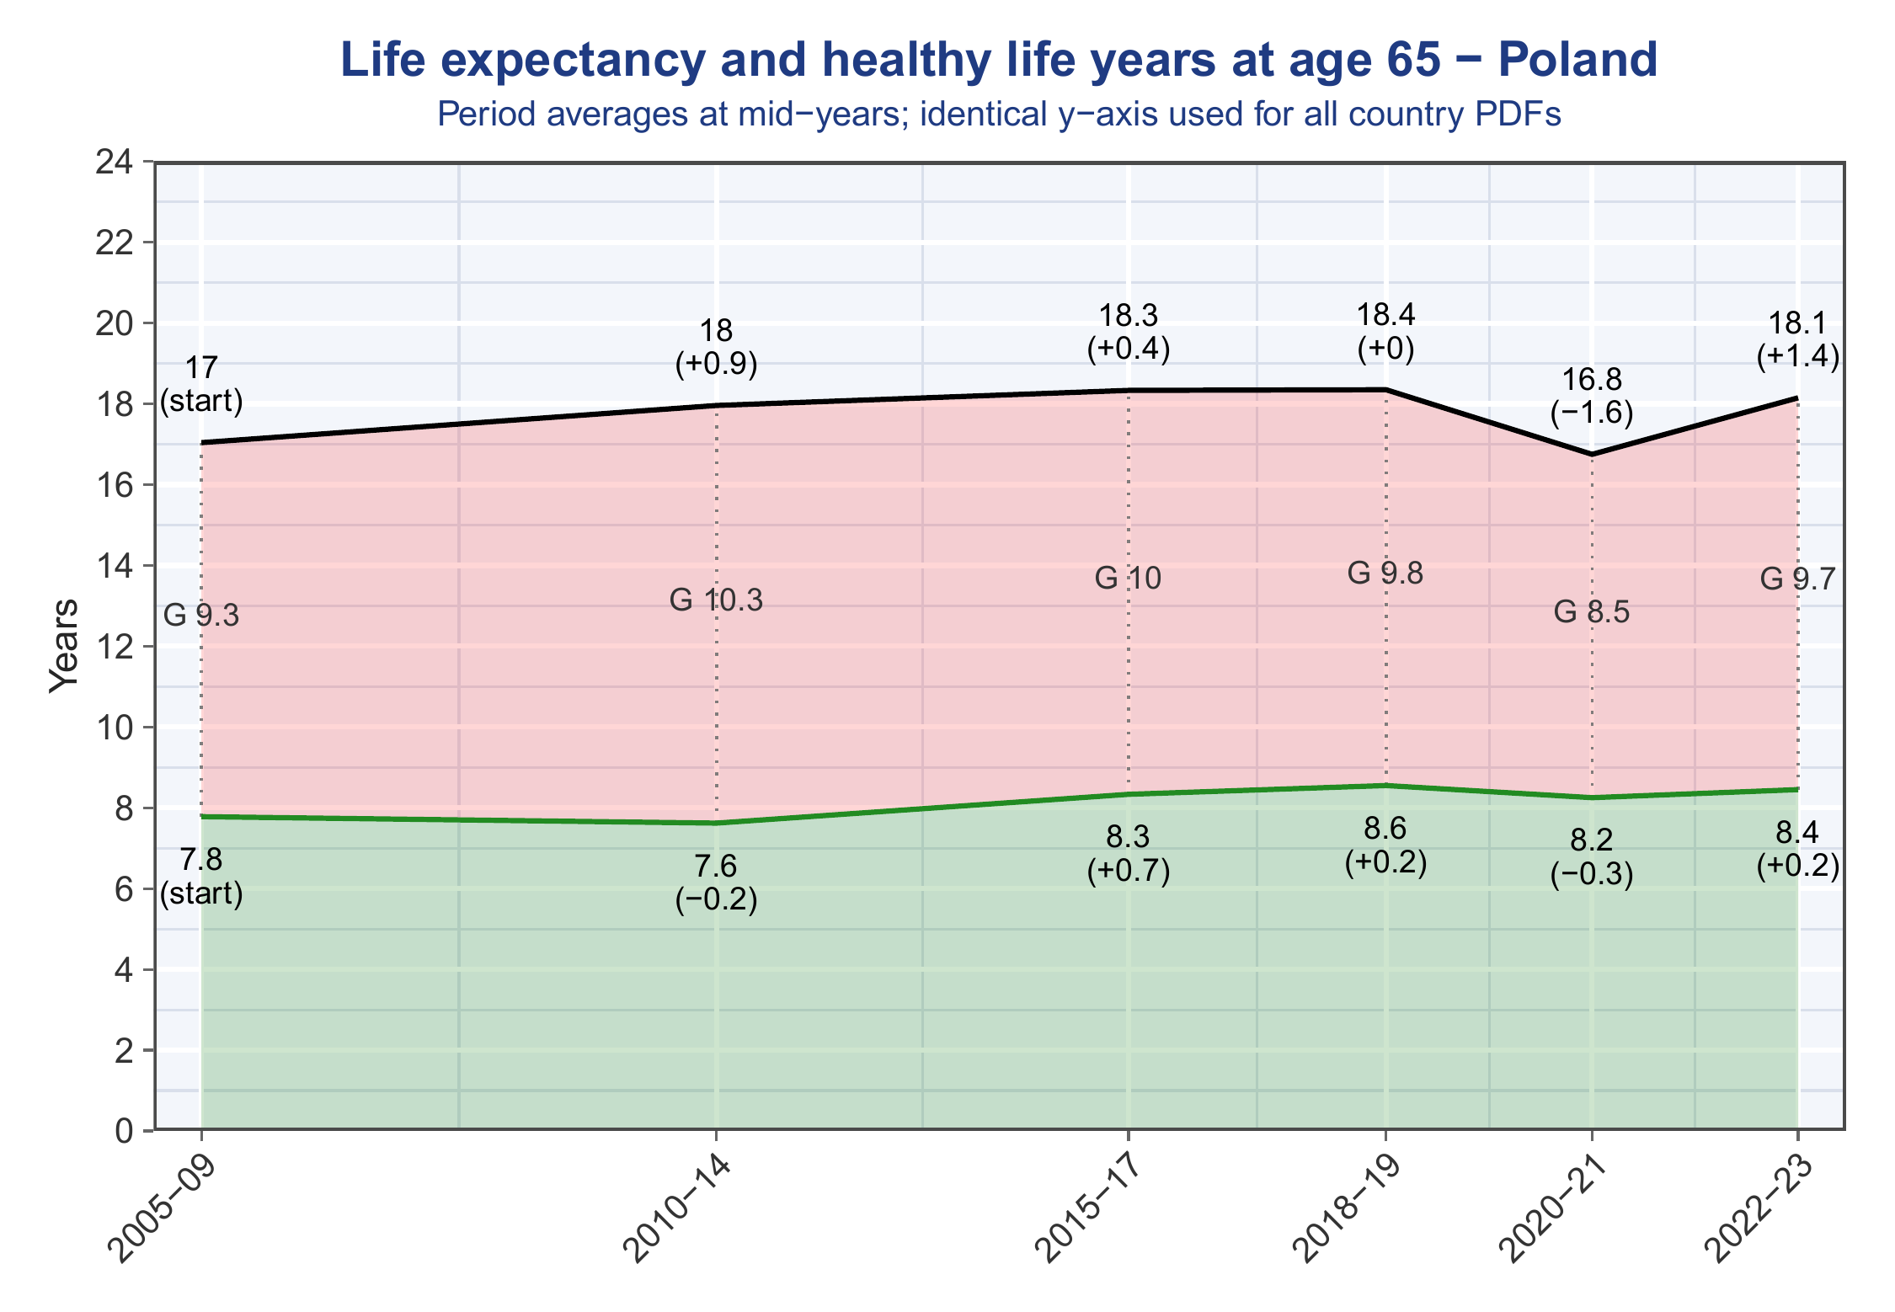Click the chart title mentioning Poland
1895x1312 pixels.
pos(999,61)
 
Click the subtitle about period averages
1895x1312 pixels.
pos(999,115)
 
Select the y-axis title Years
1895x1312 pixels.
pos(64,646)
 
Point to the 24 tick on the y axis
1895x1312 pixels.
pos(117,162)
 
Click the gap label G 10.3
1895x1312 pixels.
pos(716,600)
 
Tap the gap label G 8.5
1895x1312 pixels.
pos(1592,612)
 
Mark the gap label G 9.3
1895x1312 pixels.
pos(201,616)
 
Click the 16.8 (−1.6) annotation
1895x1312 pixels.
pos(1592,397)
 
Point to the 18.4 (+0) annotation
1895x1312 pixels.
pos(1385,332)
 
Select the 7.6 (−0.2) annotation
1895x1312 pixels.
pos(716,883)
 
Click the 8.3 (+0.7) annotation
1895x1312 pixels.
pos(1129,855)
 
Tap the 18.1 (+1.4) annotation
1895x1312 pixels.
pos(1798,340)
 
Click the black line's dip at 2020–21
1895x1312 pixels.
pos(1592,454)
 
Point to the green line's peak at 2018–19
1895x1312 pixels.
pos(1385,786)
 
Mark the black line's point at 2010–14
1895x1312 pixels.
pos(716,405)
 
